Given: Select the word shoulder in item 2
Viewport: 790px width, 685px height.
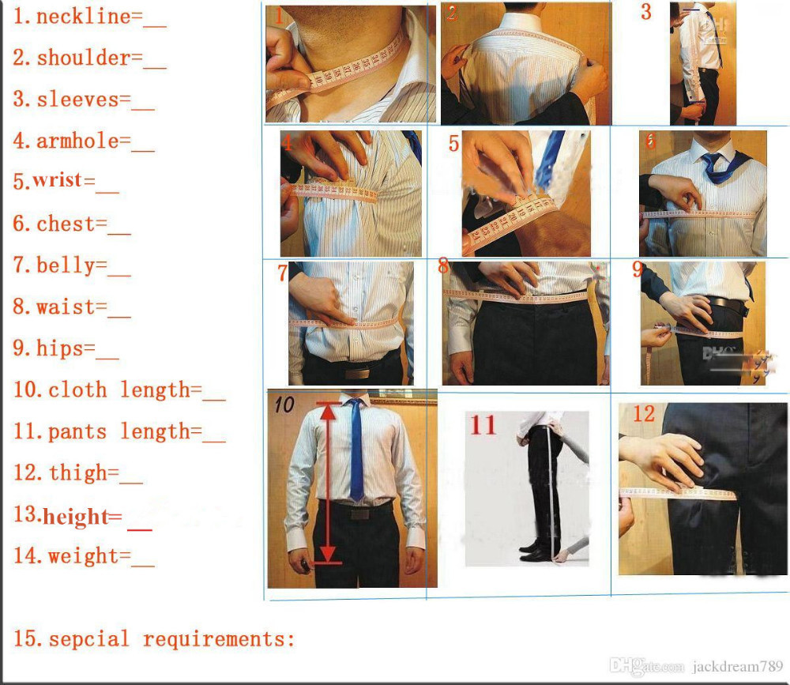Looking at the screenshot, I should click(83, 58).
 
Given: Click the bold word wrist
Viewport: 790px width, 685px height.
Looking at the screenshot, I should click(58, 181).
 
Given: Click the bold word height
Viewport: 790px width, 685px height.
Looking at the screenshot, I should click(75, 518).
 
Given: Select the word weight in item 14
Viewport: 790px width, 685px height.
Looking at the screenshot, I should click(88, 556).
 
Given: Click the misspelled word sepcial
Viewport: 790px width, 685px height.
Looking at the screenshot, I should click(89, 638).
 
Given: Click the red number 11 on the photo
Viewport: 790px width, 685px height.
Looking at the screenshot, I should click(483, 425).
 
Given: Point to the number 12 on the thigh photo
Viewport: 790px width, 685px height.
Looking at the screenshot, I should click(644, 413).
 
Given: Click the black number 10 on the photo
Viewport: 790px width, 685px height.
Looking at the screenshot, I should click(284, 405).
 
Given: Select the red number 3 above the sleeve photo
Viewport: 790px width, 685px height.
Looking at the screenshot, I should click(646, 12).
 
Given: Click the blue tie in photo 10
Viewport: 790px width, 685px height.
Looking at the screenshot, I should click(356, 450).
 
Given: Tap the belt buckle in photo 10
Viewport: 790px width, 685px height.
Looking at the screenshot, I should click(360, 513).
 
